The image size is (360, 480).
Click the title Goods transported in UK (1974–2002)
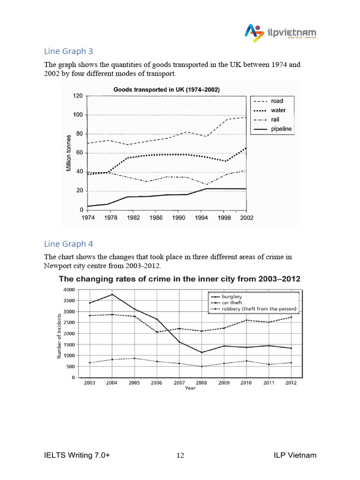click(167, 89)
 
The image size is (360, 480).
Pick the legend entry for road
click(277, 101)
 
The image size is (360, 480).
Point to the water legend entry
click(277, 110)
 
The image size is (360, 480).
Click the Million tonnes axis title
click(69, 152)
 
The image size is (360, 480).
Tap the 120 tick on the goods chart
click(77, 96)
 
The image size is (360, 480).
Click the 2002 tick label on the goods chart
click(245, 218)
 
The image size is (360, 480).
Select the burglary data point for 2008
click(202, 352)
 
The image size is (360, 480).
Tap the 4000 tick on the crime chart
click(69, 290)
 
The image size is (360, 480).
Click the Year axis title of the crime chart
click(190, 388)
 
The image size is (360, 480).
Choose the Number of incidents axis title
click(60, 333)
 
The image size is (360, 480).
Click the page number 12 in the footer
click(180, 455)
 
